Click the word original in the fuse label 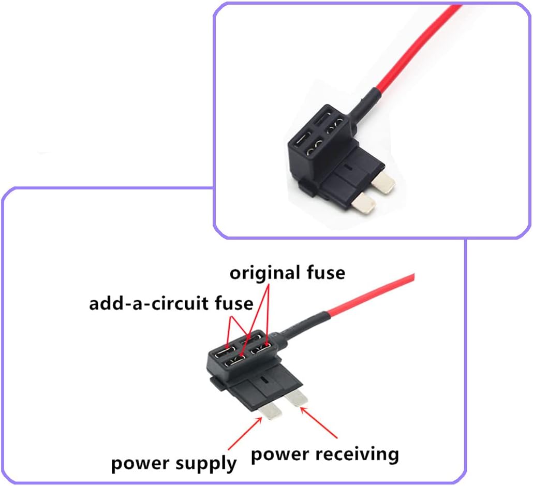[263, 273]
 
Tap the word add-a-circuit [157, 303]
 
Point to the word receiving [358, 454]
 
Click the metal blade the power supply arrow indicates [271, 410]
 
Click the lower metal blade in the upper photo [363, 203]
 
